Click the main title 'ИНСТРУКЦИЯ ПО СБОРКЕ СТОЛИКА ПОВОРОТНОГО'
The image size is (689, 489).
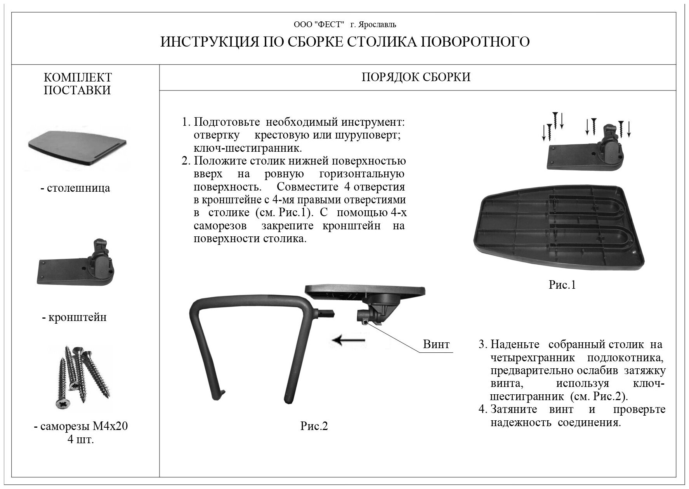345,42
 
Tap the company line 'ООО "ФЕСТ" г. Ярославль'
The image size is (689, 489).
345,25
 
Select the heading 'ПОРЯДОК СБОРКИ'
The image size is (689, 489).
416,77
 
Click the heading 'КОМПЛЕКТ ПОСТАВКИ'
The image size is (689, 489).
78,83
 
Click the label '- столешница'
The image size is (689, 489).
75,188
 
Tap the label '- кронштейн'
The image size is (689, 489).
75,317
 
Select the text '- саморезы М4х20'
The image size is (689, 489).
81,427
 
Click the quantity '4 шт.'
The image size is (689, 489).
81,440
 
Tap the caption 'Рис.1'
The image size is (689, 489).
562,285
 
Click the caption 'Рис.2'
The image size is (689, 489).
314,426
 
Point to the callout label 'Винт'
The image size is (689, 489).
436,344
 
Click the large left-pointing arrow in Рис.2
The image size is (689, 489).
349,340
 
